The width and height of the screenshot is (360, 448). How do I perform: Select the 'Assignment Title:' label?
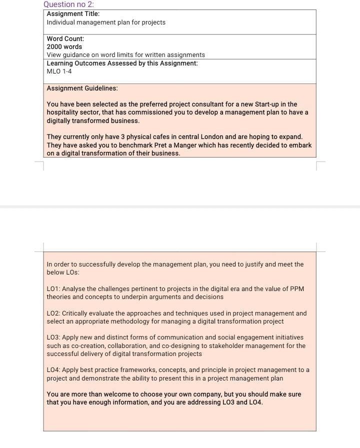pyautogui.click(x=73, y=14)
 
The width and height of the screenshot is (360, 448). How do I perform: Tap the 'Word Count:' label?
pyautogui.click(x=65, y=38)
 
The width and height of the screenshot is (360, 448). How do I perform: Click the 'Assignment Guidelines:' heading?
pyautogui.click(x=82, y=88)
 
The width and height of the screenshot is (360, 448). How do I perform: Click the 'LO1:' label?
pyautogui.click(x=53, y=289)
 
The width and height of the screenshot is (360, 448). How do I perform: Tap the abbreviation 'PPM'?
pyautogui.click(x=296, y=289)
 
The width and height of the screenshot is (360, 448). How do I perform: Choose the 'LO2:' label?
pyautogui.click(x=53, y=313)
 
